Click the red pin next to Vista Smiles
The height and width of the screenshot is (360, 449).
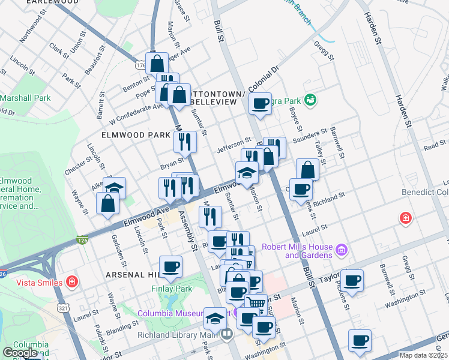click(x=71, y=281)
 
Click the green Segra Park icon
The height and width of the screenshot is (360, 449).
click(x=310, y=98)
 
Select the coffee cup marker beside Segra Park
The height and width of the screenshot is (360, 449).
click(x=260, y=103)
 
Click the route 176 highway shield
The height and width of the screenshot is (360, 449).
click(x=140, y=64)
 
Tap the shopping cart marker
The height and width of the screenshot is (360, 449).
click(x=256, y=303)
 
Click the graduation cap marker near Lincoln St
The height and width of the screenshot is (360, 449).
click(x=114, y=187)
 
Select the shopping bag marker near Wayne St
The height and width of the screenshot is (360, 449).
click(x=107, y=202)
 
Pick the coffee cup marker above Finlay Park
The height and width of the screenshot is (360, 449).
click(x=170, y=266)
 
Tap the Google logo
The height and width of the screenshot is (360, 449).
click(x=20, y=353)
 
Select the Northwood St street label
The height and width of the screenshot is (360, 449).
click(x=31, y=28)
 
